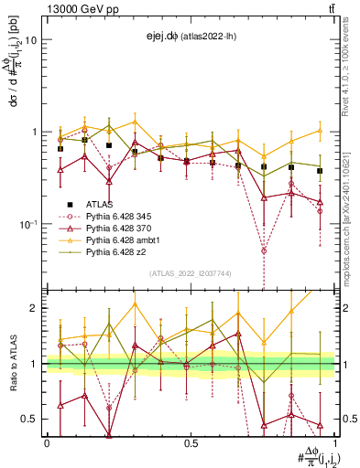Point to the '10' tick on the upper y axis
tap(31, 40)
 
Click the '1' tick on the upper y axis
tap(34, 132)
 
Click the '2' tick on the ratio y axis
tap(34, 308)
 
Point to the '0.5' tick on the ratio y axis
tap(29, 419)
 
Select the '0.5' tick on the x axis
tap(191, 442)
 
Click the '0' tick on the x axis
tap(47, 442)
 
